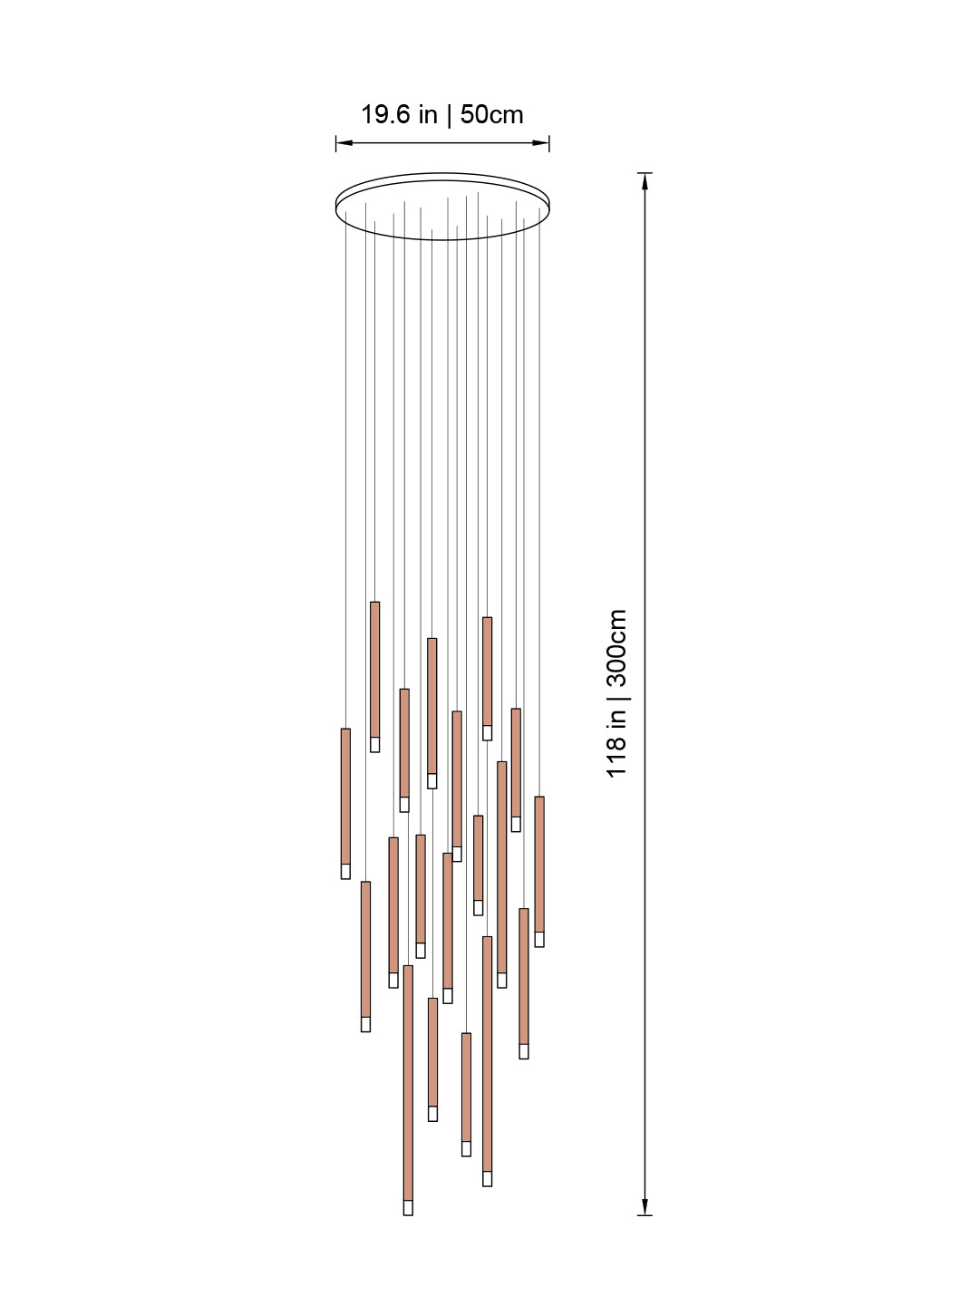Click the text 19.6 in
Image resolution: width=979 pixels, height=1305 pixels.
pos(399,115)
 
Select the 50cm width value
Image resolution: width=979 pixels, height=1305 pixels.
pos(491,115)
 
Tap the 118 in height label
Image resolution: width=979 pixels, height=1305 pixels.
pos(616,742)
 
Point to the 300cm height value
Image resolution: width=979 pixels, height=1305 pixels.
pos(616,651)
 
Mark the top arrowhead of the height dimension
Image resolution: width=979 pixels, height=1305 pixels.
pos(645,179)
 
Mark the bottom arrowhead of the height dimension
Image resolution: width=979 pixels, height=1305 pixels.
pos(645,1207)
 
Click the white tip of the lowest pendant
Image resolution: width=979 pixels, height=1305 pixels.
pos(408,1207)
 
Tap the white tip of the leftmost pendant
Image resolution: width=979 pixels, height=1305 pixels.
pos(345,871)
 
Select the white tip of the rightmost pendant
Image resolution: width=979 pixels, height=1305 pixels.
pos(539,939)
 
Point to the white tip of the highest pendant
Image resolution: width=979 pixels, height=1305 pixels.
pos(374,744)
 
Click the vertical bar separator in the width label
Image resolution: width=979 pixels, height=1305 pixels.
pos(449,115)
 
